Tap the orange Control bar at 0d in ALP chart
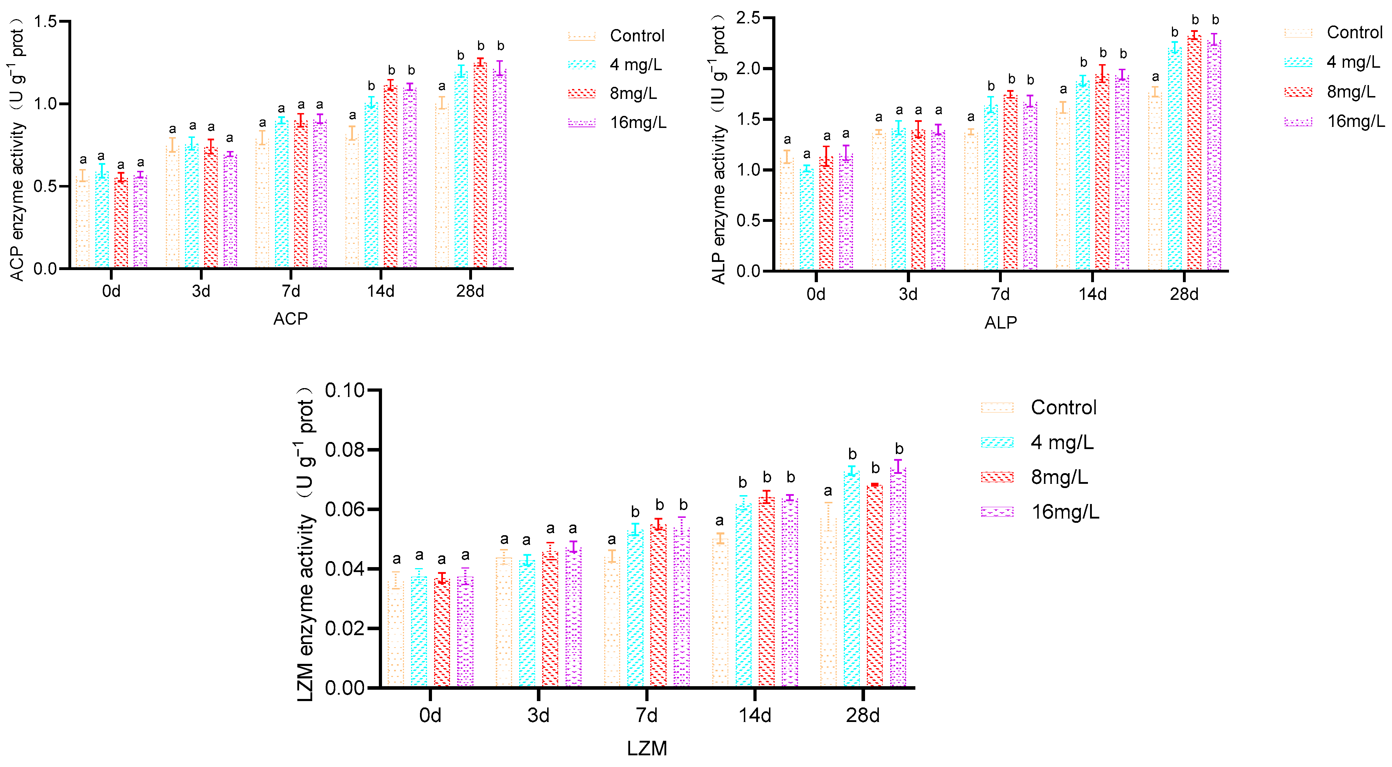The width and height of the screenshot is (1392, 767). point(787,216)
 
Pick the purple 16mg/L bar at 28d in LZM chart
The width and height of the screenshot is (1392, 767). point(898,578)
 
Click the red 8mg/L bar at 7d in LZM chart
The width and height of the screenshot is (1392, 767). point(658,605)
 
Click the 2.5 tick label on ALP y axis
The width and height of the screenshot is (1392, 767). point(748,18)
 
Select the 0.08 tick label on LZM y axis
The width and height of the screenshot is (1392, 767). point(345,450)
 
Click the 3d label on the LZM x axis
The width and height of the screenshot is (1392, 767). point(538,715)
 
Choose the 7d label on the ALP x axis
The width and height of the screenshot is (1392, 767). point(1000,294)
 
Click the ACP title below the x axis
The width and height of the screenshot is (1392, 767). point(290,319)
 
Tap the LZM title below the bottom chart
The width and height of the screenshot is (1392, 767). point(647,749)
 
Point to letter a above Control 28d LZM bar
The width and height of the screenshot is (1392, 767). point(828,491)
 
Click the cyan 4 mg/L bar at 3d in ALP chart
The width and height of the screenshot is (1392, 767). point(899,200)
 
